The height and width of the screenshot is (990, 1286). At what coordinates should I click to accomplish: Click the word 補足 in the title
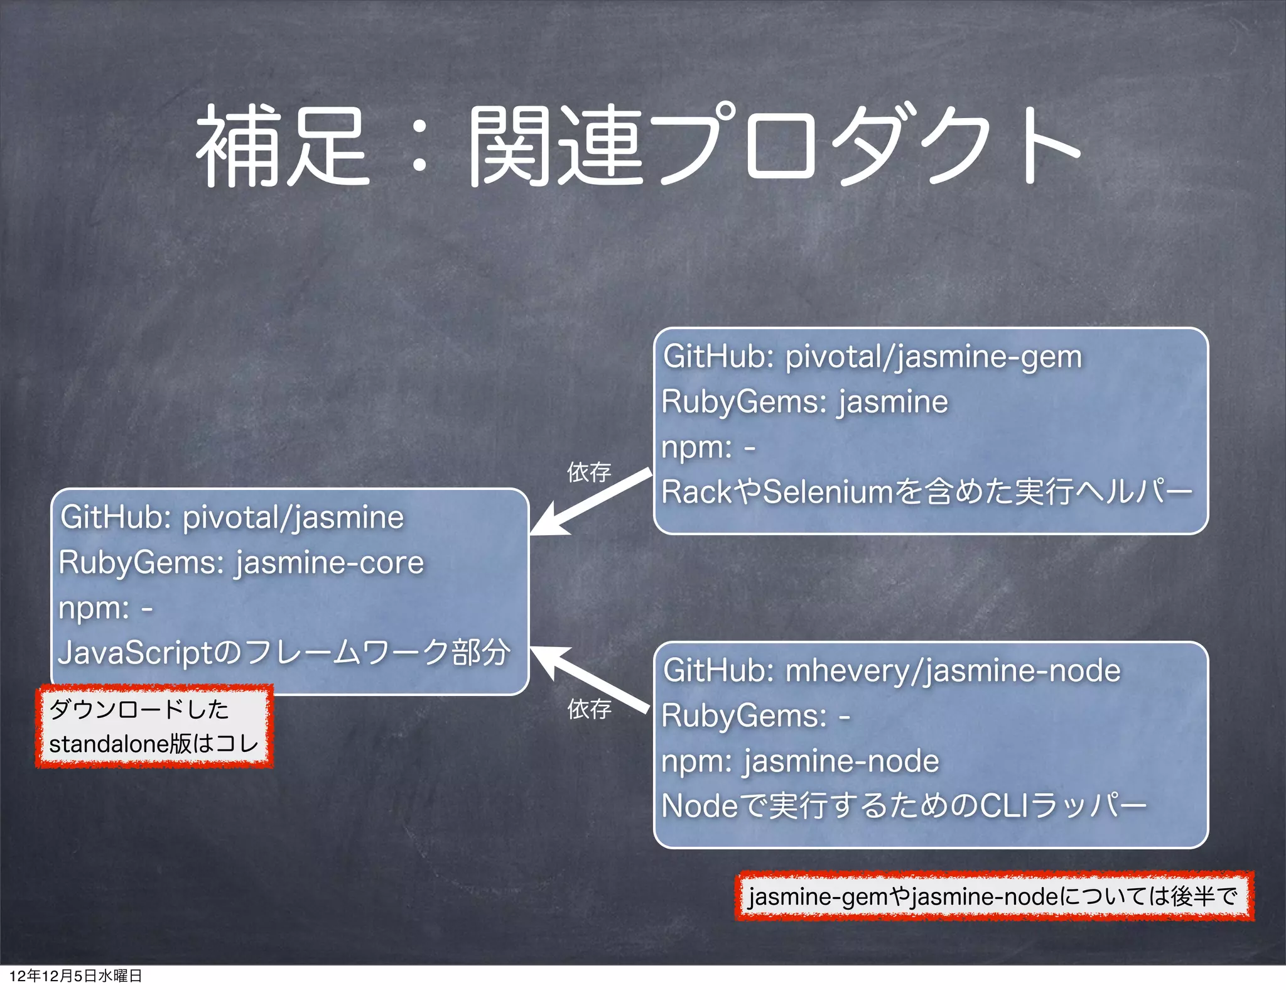283,146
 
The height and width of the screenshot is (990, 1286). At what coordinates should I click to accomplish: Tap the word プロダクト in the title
867,146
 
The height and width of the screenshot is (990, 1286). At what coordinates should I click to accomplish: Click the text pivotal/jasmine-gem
934,357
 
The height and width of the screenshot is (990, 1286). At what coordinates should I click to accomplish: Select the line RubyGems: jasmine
804,402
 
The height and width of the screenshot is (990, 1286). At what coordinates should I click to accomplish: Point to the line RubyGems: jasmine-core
241,563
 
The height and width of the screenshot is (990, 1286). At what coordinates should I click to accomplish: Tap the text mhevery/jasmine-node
953,671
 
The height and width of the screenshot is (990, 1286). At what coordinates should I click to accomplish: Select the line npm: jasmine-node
800,761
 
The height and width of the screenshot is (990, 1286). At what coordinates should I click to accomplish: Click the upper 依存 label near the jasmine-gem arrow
589,472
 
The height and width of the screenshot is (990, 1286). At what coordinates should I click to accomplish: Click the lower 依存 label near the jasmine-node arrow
589,709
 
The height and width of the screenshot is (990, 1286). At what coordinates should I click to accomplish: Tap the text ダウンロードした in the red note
139,710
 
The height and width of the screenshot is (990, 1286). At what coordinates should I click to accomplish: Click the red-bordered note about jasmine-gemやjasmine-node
993,896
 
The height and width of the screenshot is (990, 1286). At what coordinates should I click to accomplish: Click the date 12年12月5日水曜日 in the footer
75,976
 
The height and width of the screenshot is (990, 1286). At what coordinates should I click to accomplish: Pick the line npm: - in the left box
105,608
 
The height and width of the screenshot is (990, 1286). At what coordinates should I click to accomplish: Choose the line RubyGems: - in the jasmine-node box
755,716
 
